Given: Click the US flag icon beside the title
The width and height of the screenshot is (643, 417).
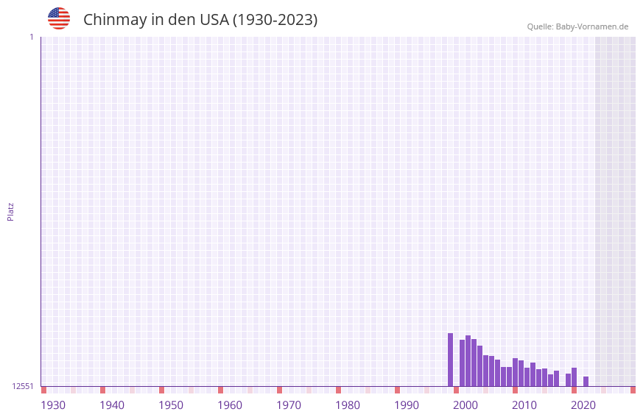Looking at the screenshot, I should [x=59, y=18].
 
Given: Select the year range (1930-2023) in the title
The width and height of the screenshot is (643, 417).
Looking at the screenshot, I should [x=275, y=20].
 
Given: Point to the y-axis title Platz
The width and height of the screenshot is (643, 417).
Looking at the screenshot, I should [x=10, y=212].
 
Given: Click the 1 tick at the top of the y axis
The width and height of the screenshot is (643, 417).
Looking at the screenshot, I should [x=31, y=37].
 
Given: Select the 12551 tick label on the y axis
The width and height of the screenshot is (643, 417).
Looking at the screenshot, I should [x=23, y=386].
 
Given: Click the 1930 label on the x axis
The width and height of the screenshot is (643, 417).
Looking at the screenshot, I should [x=53, y=405].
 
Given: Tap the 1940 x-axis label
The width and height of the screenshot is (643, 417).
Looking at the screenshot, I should [x=112, y=405].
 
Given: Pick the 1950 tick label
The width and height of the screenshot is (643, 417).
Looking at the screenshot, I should [x=171, y=405].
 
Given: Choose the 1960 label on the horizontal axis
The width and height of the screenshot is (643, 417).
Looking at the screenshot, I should [x=230, y=405].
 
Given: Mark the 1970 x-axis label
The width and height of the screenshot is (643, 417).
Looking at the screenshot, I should [x=289, y=405].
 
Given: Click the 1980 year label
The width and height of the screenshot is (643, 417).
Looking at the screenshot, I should [x=348, y=405].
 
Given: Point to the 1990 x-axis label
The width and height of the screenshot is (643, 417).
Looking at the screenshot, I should [x=407, y=405].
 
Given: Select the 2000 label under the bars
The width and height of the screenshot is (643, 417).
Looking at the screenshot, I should [x=465, y=405].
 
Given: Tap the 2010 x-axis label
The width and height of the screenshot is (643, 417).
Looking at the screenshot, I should [x=524, y=405].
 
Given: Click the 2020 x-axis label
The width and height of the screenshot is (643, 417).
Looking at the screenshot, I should [x=583, y=405].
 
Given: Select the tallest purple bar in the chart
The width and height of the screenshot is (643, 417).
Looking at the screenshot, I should [x=451, y=360].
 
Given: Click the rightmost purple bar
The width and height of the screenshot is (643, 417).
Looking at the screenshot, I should [x=586, y=381].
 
